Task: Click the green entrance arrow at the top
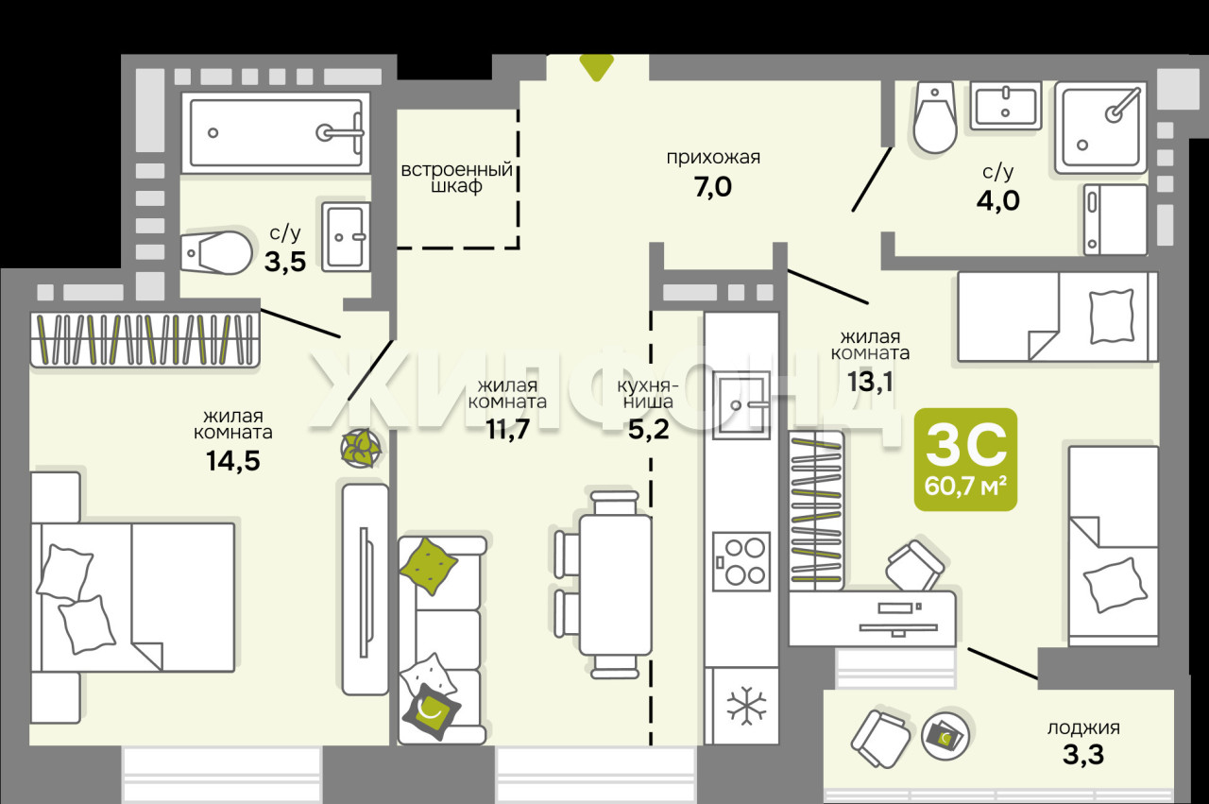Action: point(596,67)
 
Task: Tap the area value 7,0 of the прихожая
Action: point(713,187)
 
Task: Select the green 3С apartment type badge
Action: point(965,459)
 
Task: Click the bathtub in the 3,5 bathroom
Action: point(276,133)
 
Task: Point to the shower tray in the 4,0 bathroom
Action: point(1100,128)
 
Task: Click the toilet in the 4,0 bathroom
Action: point(935,118)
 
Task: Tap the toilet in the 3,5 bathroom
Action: point(216,252)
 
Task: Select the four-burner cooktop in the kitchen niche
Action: point(741,561)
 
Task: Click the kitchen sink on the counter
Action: point(741,405)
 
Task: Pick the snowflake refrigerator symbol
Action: point(746,706)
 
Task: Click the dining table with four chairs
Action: point(604,585)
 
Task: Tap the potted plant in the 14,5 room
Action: point(361,448)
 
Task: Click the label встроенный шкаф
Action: point(456,178)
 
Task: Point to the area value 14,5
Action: point(233,461)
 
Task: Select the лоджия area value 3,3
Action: point(1083,754)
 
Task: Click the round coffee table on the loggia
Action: point(945,735)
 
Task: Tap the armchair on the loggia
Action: point(881,738)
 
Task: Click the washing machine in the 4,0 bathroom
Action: point(1115,219)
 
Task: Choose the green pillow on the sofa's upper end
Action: point(429,567)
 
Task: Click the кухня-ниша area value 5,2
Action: point(649,430)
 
